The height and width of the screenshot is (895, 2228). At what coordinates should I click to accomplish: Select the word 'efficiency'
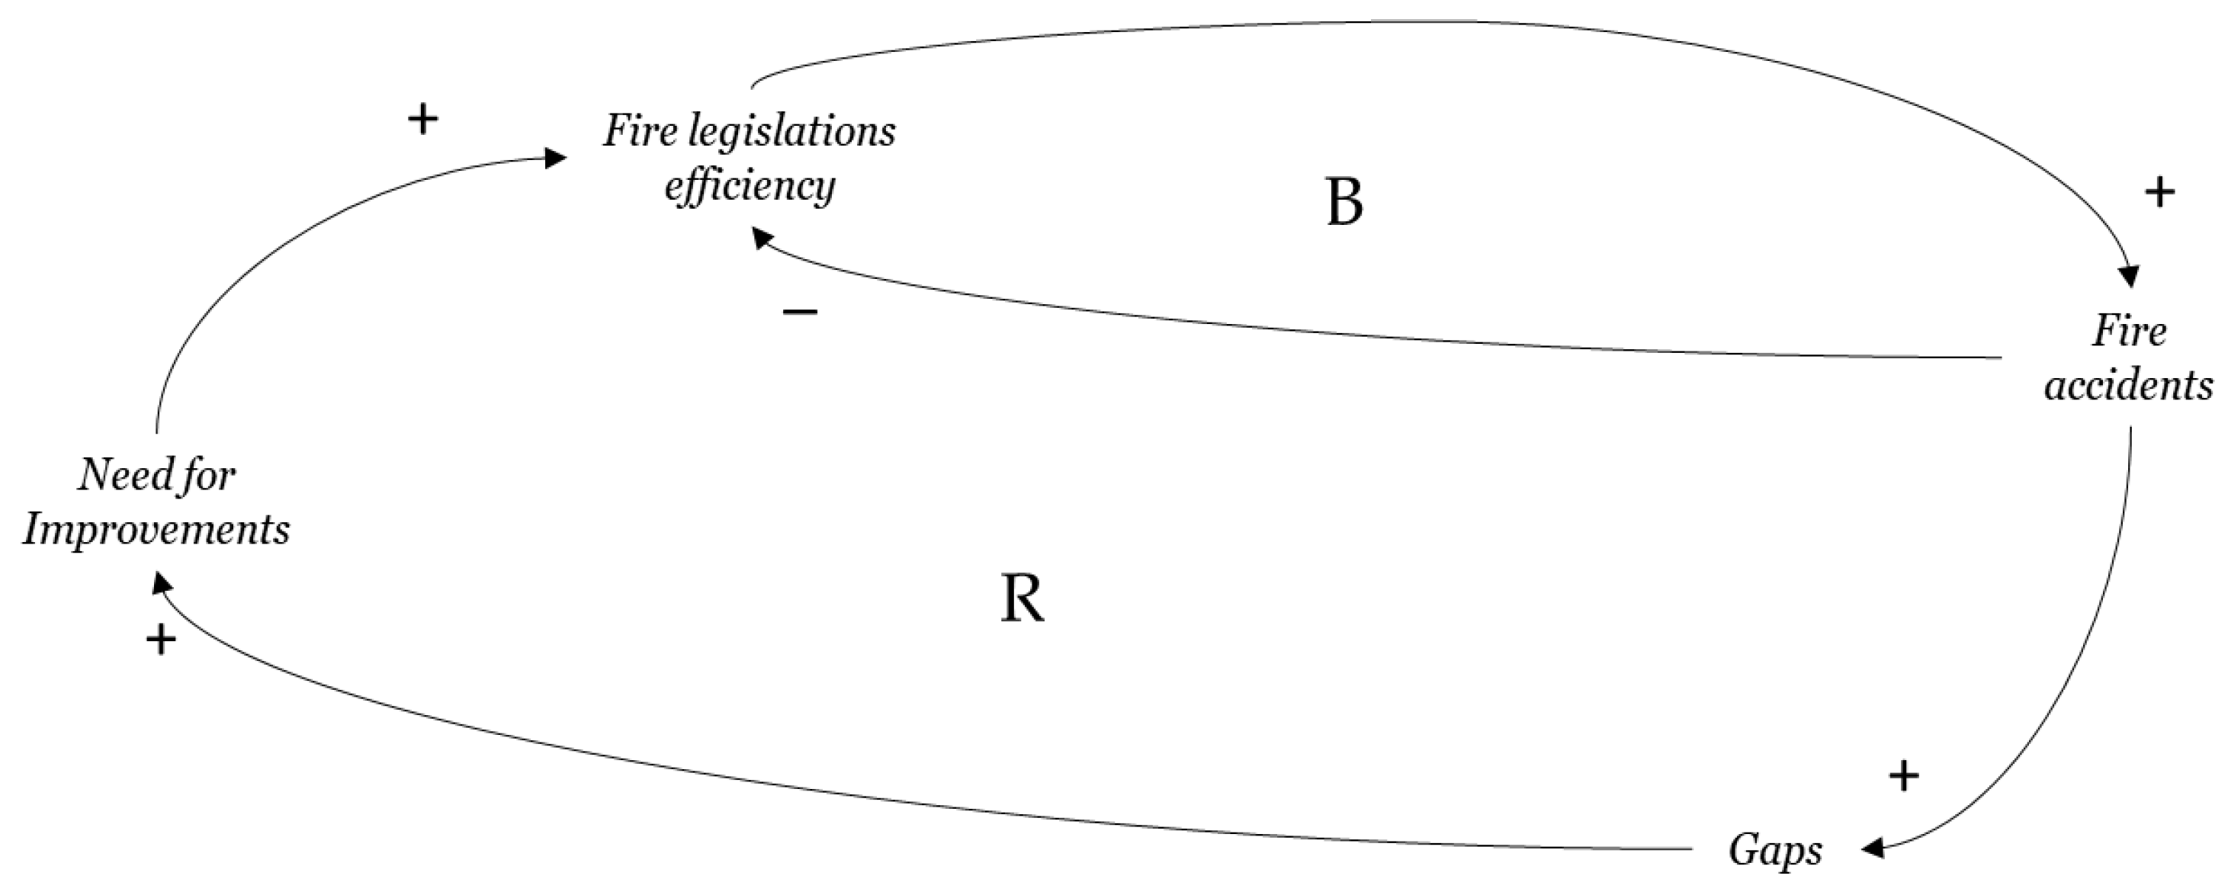tap(749, 186)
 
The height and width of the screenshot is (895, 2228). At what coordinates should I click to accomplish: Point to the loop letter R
tap(1023, 599)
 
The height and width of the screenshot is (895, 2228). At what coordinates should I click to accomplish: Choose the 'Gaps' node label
tap(1776, 852)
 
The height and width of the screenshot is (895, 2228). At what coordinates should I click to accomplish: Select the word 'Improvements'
tap(156, 529)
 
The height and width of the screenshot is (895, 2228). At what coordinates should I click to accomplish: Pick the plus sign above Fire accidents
tap(2159, 192)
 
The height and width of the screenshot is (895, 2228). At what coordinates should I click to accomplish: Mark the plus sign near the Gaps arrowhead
tap(1902, 775)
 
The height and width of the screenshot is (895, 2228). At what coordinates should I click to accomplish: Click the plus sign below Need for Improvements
tap(161, 640)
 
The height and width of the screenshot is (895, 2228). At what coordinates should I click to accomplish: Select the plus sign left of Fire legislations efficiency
tap(422, 120)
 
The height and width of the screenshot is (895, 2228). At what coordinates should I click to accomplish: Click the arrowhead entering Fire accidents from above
tap(2129, 277)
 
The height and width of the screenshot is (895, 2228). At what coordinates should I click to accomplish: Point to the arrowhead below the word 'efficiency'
tap(762, 237)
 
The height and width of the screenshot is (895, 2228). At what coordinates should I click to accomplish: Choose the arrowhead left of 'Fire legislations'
tap(555, 157)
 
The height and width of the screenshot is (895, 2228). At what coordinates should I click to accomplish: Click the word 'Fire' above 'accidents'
tap(2129, 331)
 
